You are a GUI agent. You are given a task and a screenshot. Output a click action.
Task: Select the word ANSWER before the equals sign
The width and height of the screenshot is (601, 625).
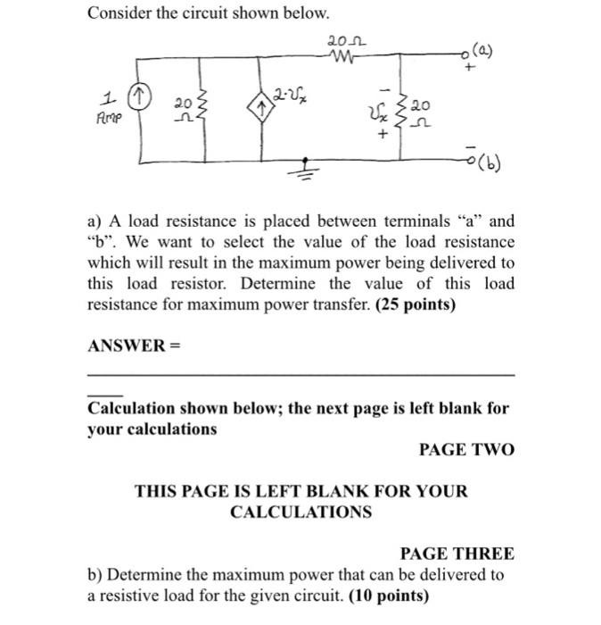(122, 345)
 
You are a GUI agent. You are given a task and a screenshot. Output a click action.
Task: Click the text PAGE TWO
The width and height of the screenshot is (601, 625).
(466, 450)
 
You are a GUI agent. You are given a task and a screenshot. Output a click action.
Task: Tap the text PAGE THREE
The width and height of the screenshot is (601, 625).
(457, 554)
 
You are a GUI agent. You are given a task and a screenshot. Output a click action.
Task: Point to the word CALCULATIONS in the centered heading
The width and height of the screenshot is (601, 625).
(301, 512)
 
